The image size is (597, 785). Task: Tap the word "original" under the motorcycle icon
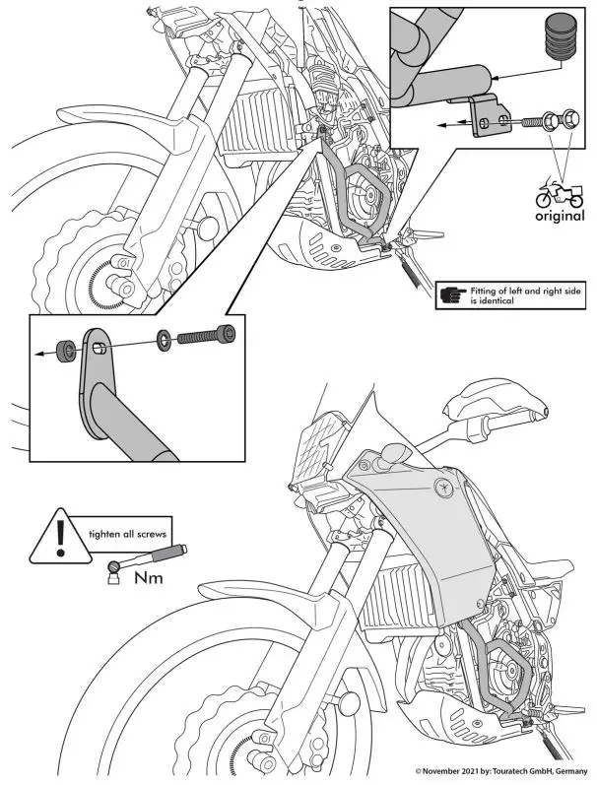coord(559,216)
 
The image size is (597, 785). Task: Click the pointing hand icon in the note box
coord(454,294)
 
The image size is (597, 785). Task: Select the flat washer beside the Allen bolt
coord(162,340)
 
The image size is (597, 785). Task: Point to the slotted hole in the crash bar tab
coord(99,348)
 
